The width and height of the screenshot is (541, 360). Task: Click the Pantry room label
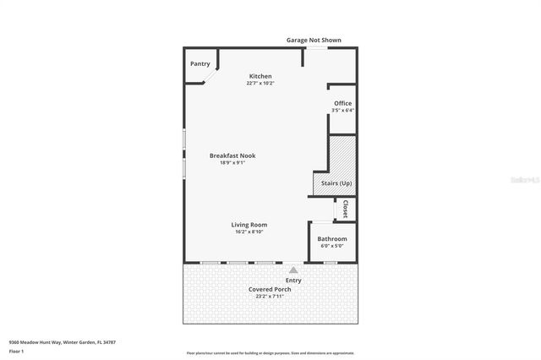pos(199,63)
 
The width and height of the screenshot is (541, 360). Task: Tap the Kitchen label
pos(260,76)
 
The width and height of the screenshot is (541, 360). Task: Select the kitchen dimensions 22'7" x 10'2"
pos(260,83)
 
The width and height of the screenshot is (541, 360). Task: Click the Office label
pos(342,103)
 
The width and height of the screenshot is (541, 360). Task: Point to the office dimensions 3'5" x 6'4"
pos(342,110)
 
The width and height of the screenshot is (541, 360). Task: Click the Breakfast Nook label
pos(232,155)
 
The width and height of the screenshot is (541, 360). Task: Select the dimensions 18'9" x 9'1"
pos(232,162)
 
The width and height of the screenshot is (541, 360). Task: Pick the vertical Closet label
pos(345,209)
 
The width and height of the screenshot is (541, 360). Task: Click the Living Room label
pos(249,225)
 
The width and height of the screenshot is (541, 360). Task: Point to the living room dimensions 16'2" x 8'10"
pos(249,232)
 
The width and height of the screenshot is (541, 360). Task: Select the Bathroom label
pos(332,239)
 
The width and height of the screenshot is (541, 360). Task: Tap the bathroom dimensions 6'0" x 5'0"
pos(332,246)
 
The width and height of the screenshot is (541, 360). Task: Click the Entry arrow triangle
pos(293,270)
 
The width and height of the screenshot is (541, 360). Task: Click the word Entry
pos(293,280)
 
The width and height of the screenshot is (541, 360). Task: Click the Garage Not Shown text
pos(314,40)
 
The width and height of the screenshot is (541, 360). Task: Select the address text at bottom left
pos(63,342)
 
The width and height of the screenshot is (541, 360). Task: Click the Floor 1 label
pos(16,350)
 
